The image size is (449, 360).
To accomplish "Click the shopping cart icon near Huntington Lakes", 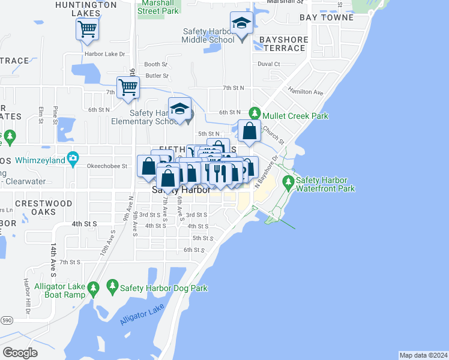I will (x=88, y=28).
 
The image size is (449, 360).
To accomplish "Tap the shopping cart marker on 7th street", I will (x=128, y=88).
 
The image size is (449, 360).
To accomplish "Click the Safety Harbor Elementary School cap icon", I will (x=179, y=109).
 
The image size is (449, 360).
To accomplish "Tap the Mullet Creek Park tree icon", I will (x=255, y=113).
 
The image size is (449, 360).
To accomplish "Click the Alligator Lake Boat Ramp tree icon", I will (x=92, y=290).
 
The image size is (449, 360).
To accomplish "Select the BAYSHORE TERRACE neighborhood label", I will (x=284, y=44).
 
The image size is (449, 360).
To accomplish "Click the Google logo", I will (x=20, y=353).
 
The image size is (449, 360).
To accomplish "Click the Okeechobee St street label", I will (x=107, y=166).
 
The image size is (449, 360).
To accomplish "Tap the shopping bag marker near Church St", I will (x=249, y=131).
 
